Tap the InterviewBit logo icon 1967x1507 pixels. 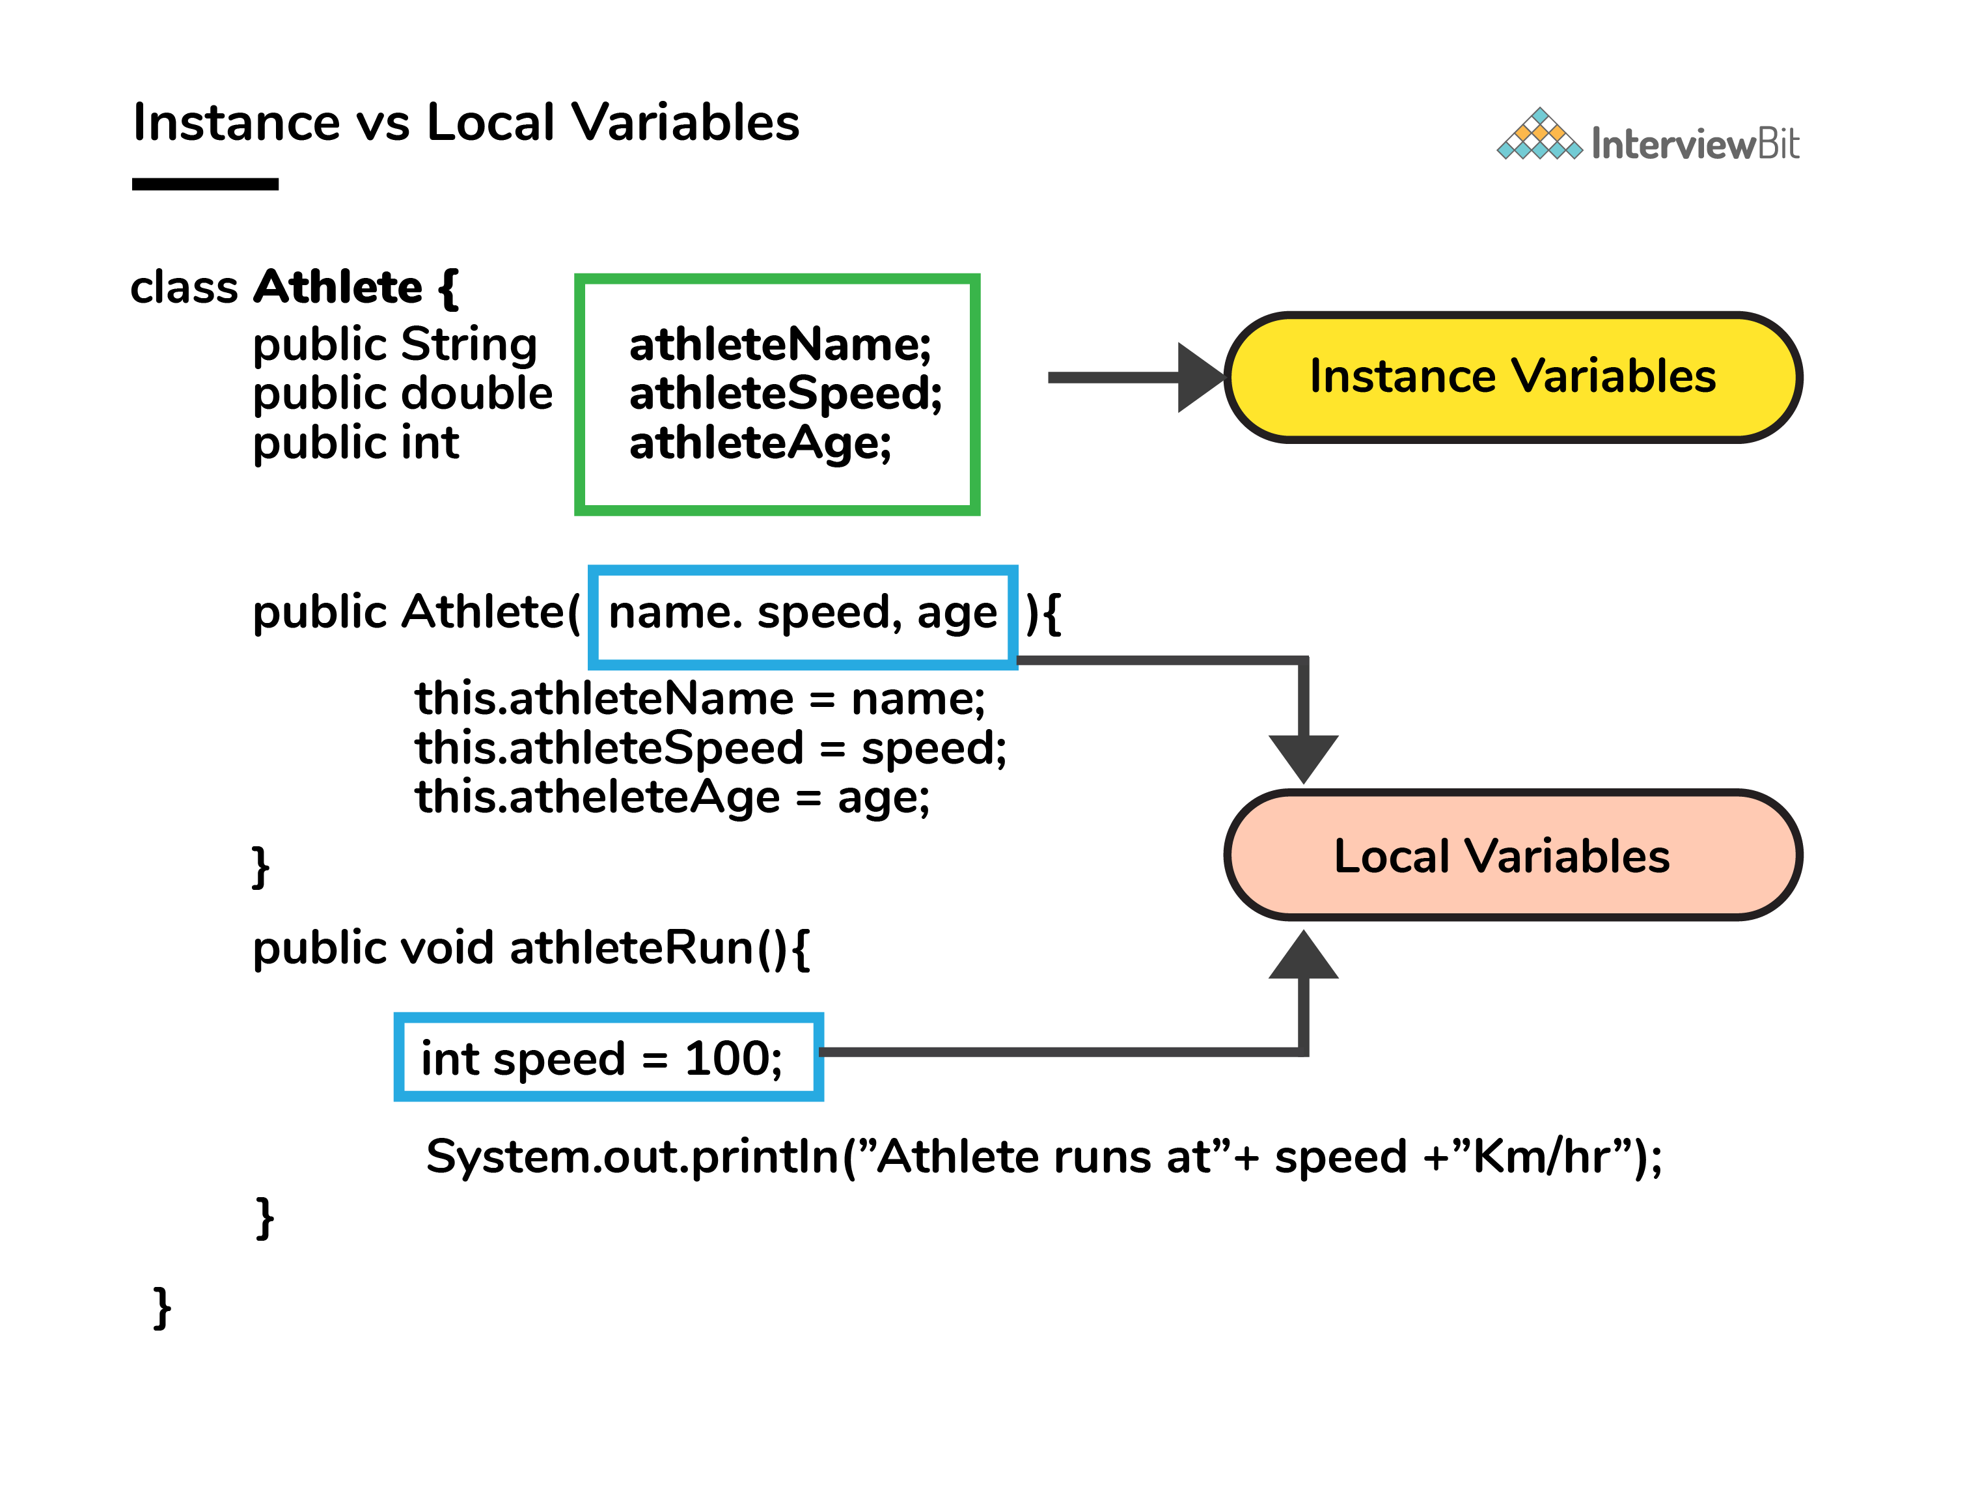[1539, 135]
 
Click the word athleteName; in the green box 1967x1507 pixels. [780, 346]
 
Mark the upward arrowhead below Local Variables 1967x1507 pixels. [1303, 954]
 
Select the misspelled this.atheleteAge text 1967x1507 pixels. [598, 797]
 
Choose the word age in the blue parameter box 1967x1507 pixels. [956, 615]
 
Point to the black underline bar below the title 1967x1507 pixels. [206, 184]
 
